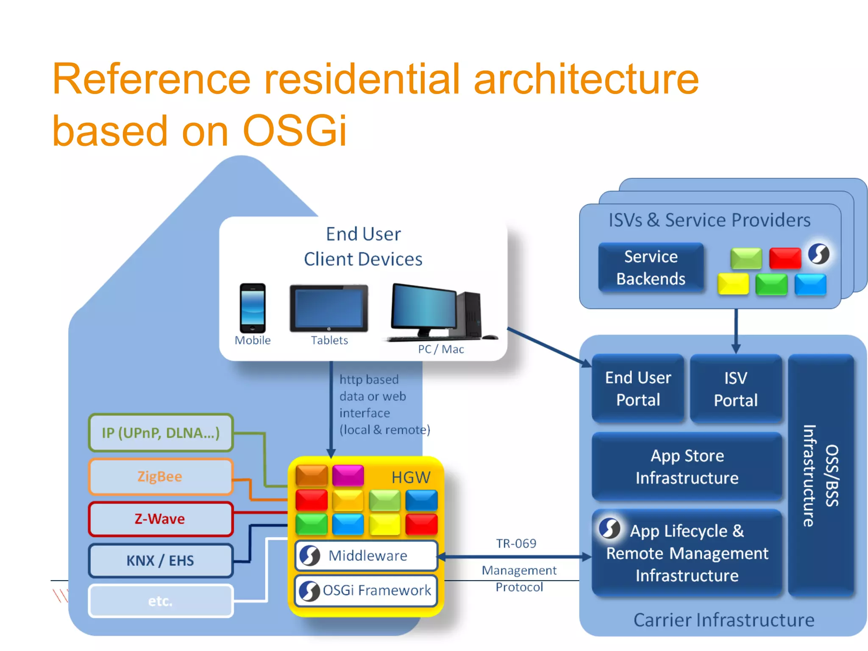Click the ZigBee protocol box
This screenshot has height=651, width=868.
point(160,476)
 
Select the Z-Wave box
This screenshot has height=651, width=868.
point(160,519)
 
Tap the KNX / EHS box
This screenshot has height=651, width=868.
point(160,560)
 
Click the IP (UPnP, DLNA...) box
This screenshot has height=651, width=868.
point(160,433)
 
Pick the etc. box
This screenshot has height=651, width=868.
point(160,601)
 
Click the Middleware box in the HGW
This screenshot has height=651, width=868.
point(366,556)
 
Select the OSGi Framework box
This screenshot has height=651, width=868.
point(366,590)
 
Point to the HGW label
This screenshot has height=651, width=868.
point(410,478)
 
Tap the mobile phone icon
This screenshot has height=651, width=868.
point(253,308)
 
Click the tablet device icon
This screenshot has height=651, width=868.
point(329,308)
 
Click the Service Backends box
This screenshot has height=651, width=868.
point(651,268)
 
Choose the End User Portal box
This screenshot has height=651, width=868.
point(638,389)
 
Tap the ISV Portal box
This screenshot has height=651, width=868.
point(736,389)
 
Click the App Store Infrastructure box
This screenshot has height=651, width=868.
point(687,467)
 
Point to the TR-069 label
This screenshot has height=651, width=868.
point(516,543)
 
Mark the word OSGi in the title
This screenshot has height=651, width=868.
point(295,131)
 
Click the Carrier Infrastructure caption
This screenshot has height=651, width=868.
point(723,620)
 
